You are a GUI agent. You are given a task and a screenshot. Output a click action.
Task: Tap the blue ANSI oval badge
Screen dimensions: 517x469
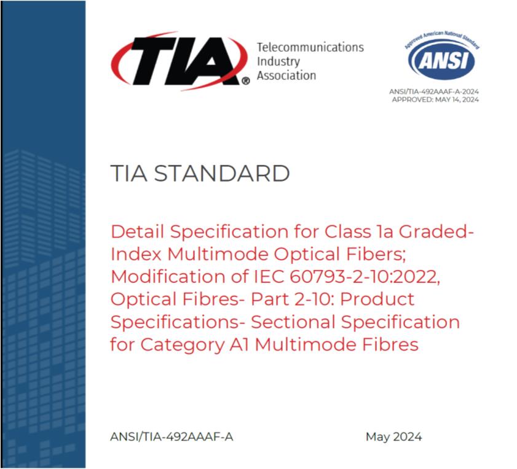coord(441,60)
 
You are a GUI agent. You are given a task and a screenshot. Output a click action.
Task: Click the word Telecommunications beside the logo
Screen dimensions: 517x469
coord(310,47)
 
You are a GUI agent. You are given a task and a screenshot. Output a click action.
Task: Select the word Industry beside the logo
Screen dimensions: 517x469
coord(278,61)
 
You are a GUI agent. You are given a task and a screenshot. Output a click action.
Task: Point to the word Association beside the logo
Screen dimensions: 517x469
coord(286,76)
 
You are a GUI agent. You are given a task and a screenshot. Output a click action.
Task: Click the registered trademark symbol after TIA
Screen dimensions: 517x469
coord(246,81)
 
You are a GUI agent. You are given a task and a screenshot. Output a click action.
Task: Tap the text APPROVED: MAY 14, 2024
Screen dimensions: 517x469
coord(435,99)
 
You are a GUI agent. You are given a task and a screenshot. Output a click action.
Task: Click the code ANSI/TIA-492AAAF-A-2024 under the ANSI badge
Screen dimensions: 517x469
coord(434,91)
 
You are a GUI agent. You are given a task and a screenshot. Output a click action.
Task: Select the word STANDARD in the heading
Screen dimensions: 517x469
coord(222,173)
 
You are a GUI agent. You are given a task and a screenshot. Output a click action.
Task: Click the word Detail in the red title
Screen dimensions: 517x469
coord(137,231)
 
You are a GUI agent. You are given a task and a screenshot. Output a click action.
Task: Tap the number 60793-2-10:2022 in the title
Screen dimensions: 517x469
coord(365,277)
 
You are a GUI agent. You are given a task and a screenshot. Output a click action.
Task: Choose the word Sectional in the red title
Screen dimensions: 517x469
coord(293,322)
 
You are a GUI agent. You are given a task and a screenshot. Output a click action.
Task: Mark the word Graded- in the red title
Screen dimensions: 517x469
coord(436,231)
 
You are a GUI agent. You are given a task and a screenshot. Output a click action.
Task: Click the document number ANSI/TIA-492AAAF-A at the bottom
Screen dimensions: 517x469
coord(172,436)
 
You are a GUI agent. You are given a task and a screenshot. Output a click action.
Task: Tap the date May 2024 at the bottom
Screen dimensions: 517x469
coord(393,437)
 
